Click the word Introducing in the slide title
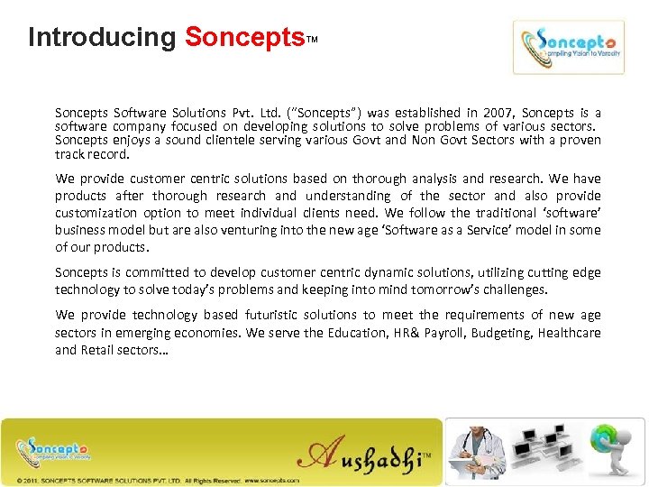102,38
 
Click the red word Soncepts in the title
244,38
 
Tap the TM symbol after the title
312,41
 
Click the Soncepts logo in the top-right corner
568,47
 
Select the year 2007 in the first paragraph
498,113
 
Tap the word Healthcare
569,333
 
